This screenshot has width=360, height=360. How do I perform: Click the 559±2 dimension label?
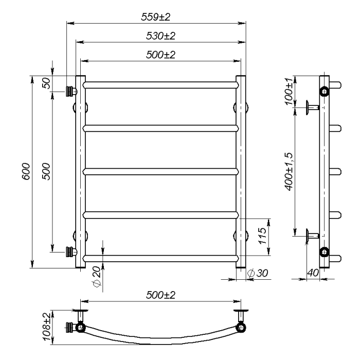coord(156,17)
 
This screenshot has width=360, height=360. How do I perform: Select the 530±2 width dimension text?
coord(160,36)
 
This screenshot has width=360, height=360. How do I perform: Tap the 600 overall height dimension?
coord(26,171)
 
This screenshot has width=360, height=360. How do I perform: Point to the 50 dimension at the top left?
coord(46,83)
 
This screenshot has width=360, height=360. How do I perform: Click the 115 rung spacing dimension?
coord(262,236)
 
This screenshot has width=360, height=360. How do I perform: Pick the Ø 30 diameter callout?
coord(258,273)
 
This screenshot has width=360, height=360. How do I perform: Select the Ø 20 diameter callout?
coord(97,277)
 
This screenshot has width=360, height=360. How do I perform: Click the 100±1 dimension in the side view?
coord(289,91)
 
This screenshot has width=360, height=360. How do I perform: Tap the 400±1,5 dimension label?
coord(289,171)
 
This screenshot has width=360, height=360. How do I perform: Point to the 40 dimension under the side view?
coord(313,273)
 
